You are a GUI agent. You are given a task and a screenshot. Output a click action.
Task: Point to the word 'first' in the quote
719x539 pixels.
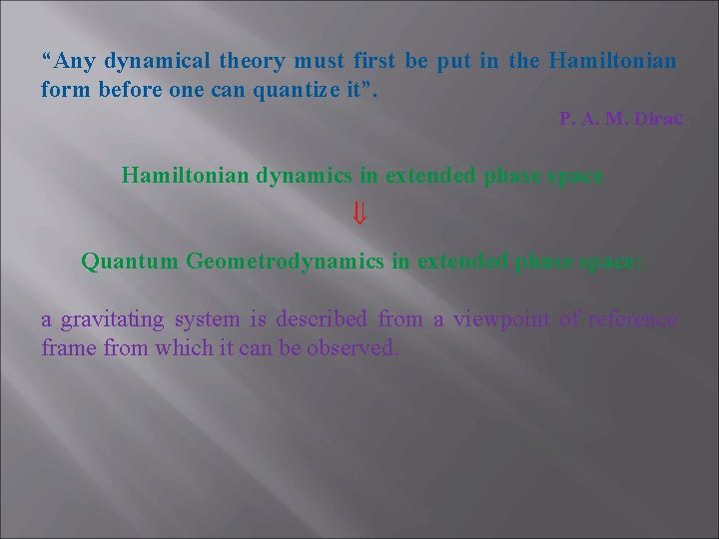point(374,60)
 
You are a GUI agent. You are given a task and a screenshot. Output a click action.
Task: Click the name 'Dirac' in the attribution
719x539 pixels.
point(657,119)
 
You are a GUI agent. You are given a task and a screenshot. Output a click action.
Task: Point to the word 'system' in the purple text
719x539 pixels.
point(208,320)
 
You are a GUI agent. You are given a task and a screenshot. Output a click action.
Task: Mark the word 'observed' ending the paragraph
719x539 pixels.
point(354,348)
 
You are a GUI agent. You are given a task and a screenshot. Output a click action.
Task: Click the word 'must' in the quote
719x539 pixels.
point(318,60)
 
